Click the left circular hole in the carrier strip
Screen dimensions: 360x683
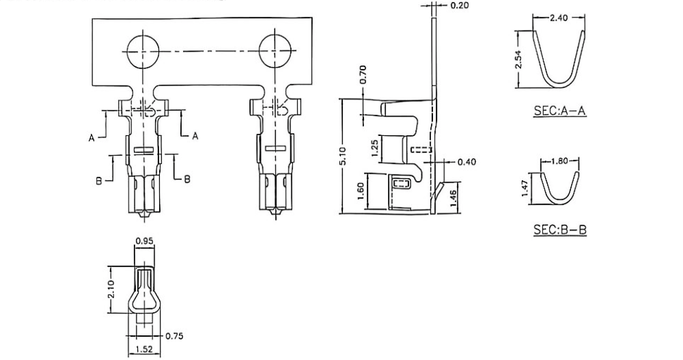tap(141, 51)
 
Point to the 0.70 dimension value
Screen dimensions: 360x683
tap(363, 73)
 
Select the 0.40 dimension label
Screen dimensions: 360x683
tap(467, 162)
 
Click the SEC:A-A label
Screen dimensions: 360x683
tap(559, 111)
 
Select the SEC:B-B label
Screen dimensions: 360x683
tap(559, 230)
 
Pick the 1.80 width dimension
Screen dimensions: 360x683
tap(559, 162)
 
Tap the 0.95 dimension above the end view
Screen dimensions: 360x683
tap(143, 241)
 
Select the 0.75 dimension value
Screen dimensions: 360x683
tap(176, 335)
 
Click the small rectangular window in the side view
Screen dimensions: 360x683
tap(401, 184)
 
